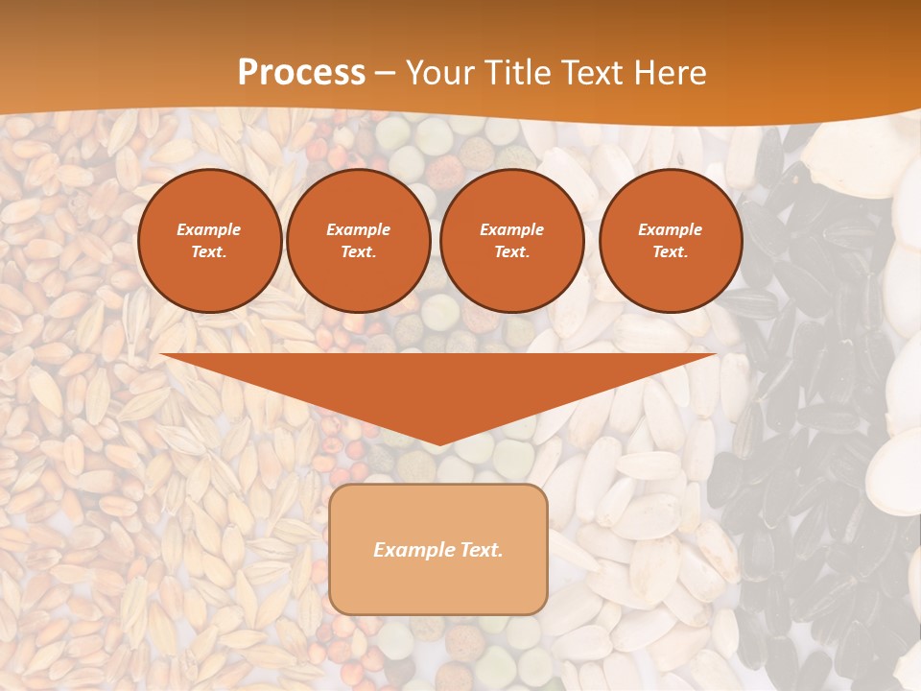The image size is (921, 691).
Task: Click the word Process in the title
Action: [301, 73]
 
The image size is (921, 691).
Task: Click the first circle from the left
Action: [209, 241]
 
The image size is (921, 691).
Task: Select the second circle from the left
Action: [358, 241]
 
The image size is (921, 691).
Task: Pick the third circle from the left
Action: [511, 241]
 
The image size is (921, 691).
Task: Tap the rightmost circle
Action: [670, 241]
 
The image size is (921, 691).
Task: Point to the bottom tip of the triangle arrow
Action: [438, 444]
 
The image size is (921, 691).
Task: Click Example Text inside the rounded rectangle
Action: [438, 550]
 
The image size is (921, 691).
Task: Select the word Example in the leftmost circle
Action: [209, 230]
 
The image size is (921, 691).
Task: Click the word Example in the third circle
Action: [511, 230]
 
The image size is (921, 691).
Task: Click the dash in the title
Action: [386, 73]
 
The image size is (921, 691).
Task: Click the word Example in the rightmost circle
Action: [670, 230]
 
